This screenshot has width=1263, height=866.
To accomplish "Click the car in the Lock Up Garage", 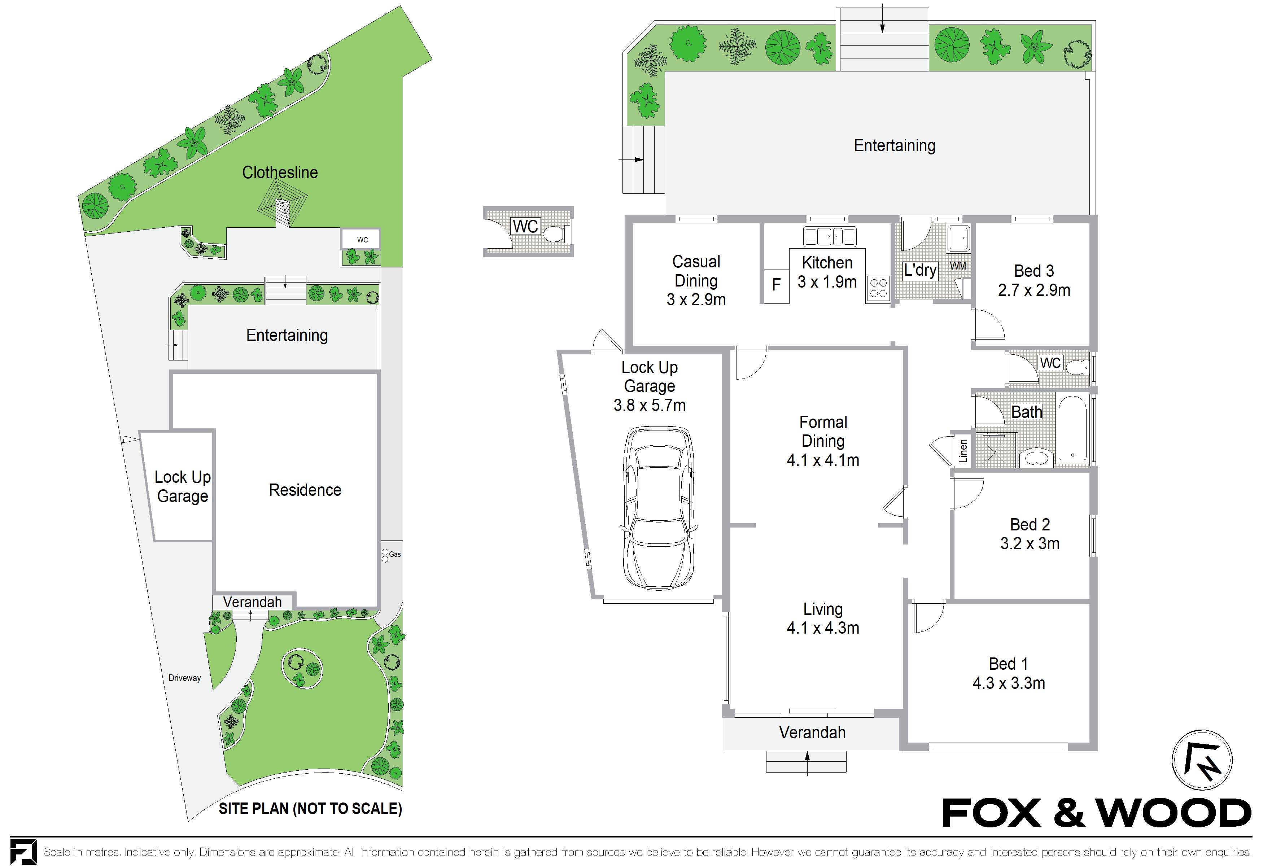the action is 659,508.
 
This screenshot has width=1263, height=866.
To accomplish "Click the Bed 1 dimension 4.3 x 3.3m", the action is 1009,683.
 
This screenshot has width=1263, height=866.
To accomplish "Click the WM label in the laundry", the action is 958,266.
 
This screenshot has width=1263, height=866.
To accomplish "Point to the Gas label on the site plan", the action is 395,554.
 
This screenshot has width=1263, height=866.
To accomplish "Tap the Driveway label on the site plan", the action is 185,678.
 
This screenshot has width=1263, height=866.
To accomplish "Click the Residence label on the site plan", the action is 305,490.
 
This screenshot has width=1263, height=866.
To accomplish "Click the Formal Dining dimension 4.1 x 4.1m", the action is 823,460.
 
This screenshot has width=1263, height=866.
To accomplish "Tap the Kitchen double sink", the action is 830,236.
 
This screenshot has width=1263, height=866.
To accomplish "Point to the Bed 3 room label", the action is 1033,271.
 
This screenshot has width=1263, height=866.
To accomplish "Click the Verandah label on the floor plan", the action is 813,732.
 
